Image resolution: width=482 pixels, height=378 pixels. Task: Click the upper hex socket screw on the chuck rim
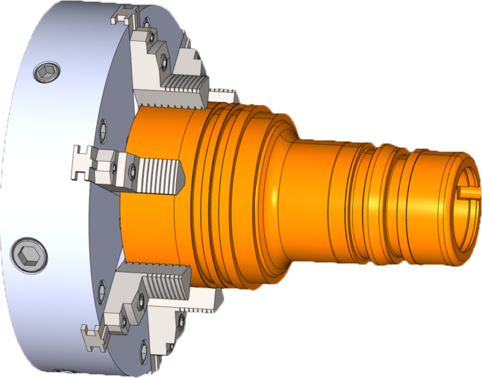point(47,73)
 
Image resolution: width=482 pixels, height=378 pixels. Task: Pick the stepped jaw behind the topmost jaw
point(191,60)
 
